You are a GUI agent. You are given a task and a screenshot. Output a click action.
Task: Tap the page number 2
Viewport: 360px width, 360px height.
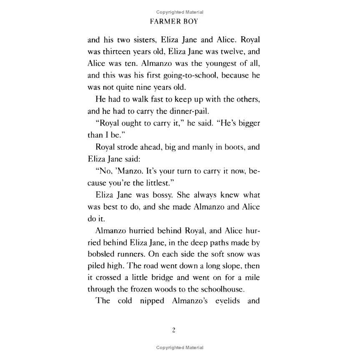pos(174,330)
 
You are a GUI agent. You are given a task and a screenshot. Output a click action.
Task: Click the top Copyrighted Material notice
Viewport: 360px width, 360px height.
pos(180,12)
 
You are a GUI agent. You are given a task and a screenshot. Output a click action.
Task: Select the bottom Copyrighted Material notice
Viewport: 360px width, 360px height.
pos(180,347)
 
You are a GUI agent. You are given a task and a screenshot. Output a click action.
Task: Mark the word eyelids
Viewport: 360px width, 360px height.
pos(224,301)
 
